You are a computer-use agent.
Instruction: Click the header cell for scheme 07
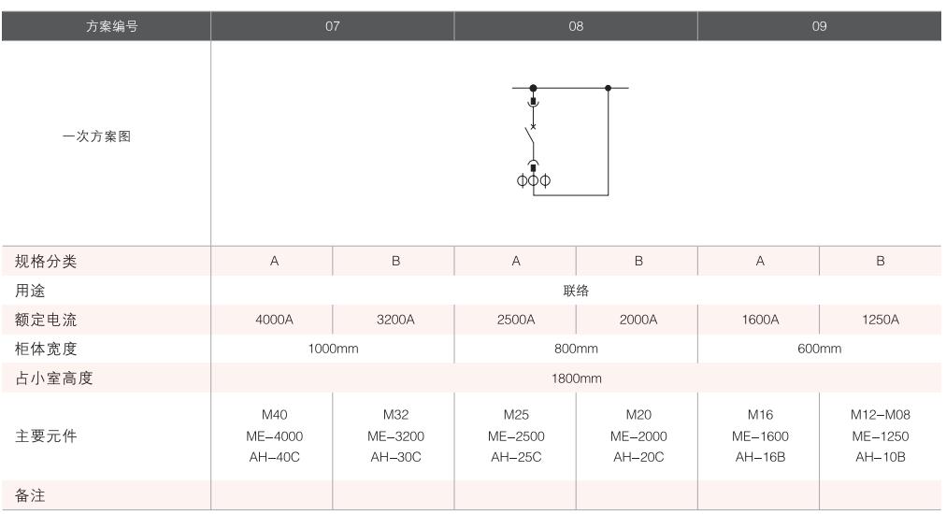333,26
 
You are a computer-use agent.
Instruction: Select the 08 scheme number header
576,26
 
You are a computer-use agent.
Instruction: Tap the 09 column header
820,26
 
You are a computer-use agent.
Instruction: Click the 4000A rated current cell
273,320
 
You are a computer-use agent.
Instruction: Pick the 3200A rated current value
394,320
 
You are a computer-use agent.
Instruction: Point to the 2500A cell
515,320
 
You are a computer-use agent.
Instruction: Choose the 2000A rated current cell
638,320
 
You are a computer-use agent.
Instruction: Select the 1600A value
759,320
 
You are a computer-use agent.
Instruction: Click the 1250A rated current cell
880,320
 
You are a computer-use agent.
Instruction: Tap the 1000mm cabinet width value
333,349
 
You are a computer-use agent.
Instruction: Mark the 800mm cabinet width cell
576,349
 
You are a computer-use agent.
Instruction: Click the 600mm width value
820,349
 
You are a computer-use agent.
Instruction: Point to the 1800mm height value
576,378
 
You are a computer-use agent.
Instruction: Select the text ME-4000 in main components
273,436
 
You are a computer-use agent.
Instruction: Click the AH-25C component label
515,457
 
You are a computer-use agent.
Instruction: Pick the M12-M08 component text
880,415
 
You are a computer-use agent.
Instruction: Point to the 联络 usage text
576,291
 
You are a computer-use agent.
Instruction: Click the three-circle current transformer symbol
533,179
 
